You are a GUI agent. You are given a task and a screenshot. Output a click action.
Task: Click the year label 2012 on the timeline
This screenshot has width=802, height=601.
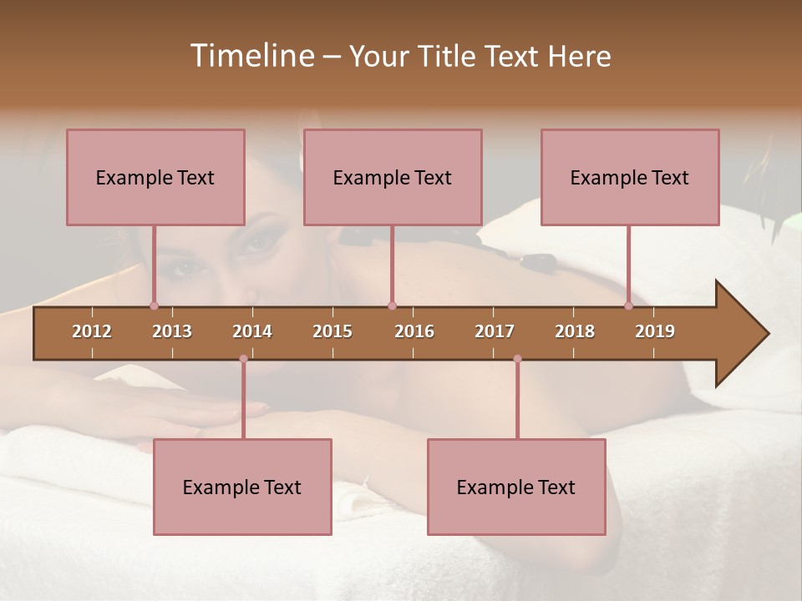(x=92, y=331)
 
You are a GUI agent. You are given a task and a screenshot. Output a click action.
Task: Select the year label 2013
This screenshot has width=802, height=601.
(x=172, y=331)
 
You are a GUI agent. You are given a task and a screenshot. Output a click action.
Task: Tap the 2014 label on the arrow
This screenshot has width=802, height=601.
(x=252, y=331)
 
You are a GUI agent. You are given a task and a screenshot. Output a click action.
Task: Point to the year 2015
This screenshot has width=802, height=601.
(x=332, y=331)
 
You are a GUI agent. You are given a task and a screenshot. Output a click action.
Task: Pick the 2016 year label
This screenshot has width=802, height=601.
(x=414, y=331)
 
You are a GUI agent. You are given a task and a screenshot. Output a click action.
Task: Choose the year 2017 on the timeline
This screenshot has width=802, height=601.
(x=495, y=331)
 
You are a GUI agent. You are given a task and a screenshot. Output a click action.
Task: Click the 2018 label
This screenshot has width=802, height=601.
(x=575, y=331)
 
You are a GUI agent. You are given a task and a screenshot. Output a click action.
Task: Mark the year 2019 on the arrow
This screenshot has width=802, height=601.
(x=655, y=331)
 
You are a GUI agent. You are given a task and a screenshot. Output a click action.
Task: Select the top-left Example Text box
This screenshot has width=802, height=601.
(x=155, y=177)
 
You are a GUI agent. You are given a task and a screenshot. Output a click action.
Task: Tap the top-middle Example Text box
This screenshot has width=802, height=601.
(x=393, y=177)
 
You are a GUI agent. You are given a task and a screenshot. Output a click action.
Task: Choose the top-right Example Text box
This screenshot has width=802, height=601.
(x=630, y=177)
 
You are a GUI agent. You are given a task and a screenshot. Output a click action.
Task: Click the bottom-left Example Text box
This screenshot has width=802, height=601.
(x=242, y=487)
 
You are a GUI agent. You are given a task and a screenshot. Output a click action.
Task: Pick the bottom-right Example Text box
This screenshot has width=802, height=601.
(x=516, y=487)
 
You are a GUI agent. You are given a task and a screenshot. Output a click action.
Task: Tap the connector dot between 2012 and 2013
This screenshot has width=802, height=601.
(x=154, y=306)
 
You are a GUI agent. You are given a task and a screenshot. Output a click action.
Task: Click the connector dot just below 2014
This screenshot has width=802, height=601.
(x=243, y=359)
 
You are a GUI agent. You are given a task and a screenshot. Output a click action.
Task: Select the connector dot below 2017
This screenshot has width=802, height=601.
(x=517, y=359)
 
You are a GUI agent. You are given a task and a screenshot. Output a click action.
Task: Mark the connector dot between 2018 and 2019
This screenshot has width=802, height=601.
(x=628, y=306)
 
